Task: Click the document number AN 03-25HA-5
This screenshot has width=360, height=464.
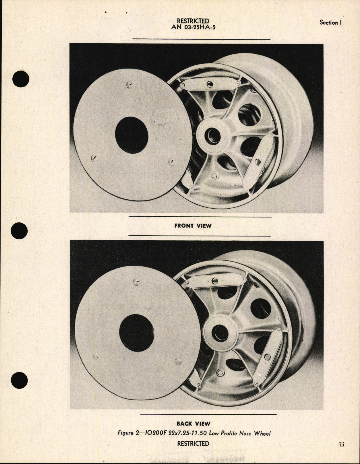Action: point(193,28)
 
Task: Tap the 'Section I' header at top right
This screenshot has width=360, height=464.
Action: point(330,22)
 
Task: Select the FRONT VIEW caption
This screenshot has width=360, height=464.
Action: point(193,226)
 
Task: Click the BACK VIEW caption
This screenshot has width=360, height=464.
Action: point(193,424)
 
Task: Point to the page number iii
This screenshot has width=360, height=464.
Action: point(341,444)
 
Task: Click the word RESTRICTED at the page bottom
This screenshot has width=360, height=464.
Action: point(193,444)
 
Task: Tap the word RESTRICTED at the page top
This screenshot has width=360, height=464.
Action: point(193,21)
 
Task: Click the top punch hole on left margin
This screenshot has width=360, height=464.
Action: point(21,79)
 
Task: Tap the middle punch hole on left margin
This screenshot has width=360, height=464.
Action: point(19,231)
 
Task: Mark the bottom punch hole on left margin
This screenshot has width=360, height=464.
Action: point(19,380)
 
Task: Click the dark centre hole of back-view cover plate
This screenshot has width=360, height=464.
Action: point(136,333)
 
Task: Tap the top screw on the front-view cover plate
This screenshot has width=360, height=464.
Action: point(130,85)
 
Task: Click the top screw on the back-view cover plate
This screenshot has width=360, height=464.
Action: point(136,282)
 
